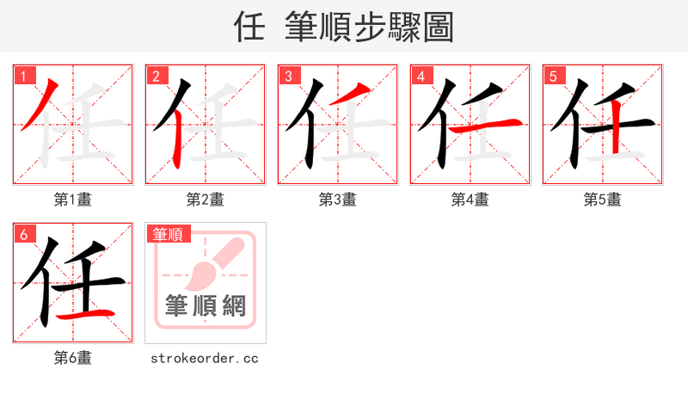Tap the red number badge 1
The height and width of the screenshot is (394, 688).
tap(23, 76)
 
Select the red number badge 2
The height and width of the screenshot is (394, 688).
tap(156, 76)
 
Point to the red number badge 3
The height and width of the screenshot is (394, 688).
tap(288, 76)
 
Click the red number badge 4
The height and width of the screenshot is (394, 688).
tap(421, 76)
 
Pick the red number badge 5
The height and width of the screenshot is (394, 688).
tap(553, 76)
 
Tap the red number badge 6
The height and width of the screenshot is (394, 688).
tap(23, 234)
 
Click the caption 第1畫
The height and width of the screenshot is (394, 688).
tap(72, 200)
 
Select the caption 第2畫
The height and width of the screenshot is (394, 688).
tap(205, 200)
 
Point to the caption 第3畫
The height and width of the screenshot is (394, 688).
tap(337, 200)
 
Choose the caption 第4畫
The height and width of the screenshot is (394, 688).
tap(470, 200)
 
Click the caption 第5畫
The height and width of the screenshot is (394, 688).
tap(602, 200)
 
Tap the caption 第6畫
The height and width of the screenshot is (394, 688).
tap(72, 358)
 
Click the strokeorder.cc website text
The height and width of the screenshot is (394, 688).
tap(205, 358)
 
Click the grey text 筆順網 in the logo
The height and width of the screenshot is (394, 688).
tap(205, 305)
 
